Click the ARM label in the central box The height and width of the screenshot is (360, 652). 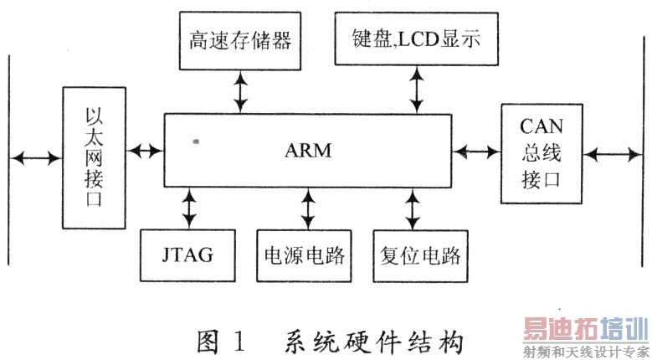[x=309, y=152]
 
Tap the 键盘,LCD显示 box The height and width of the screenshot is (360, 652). [x=415, y=39]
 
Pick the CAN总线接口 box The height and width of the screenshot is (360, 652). [x=542, y=153]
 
